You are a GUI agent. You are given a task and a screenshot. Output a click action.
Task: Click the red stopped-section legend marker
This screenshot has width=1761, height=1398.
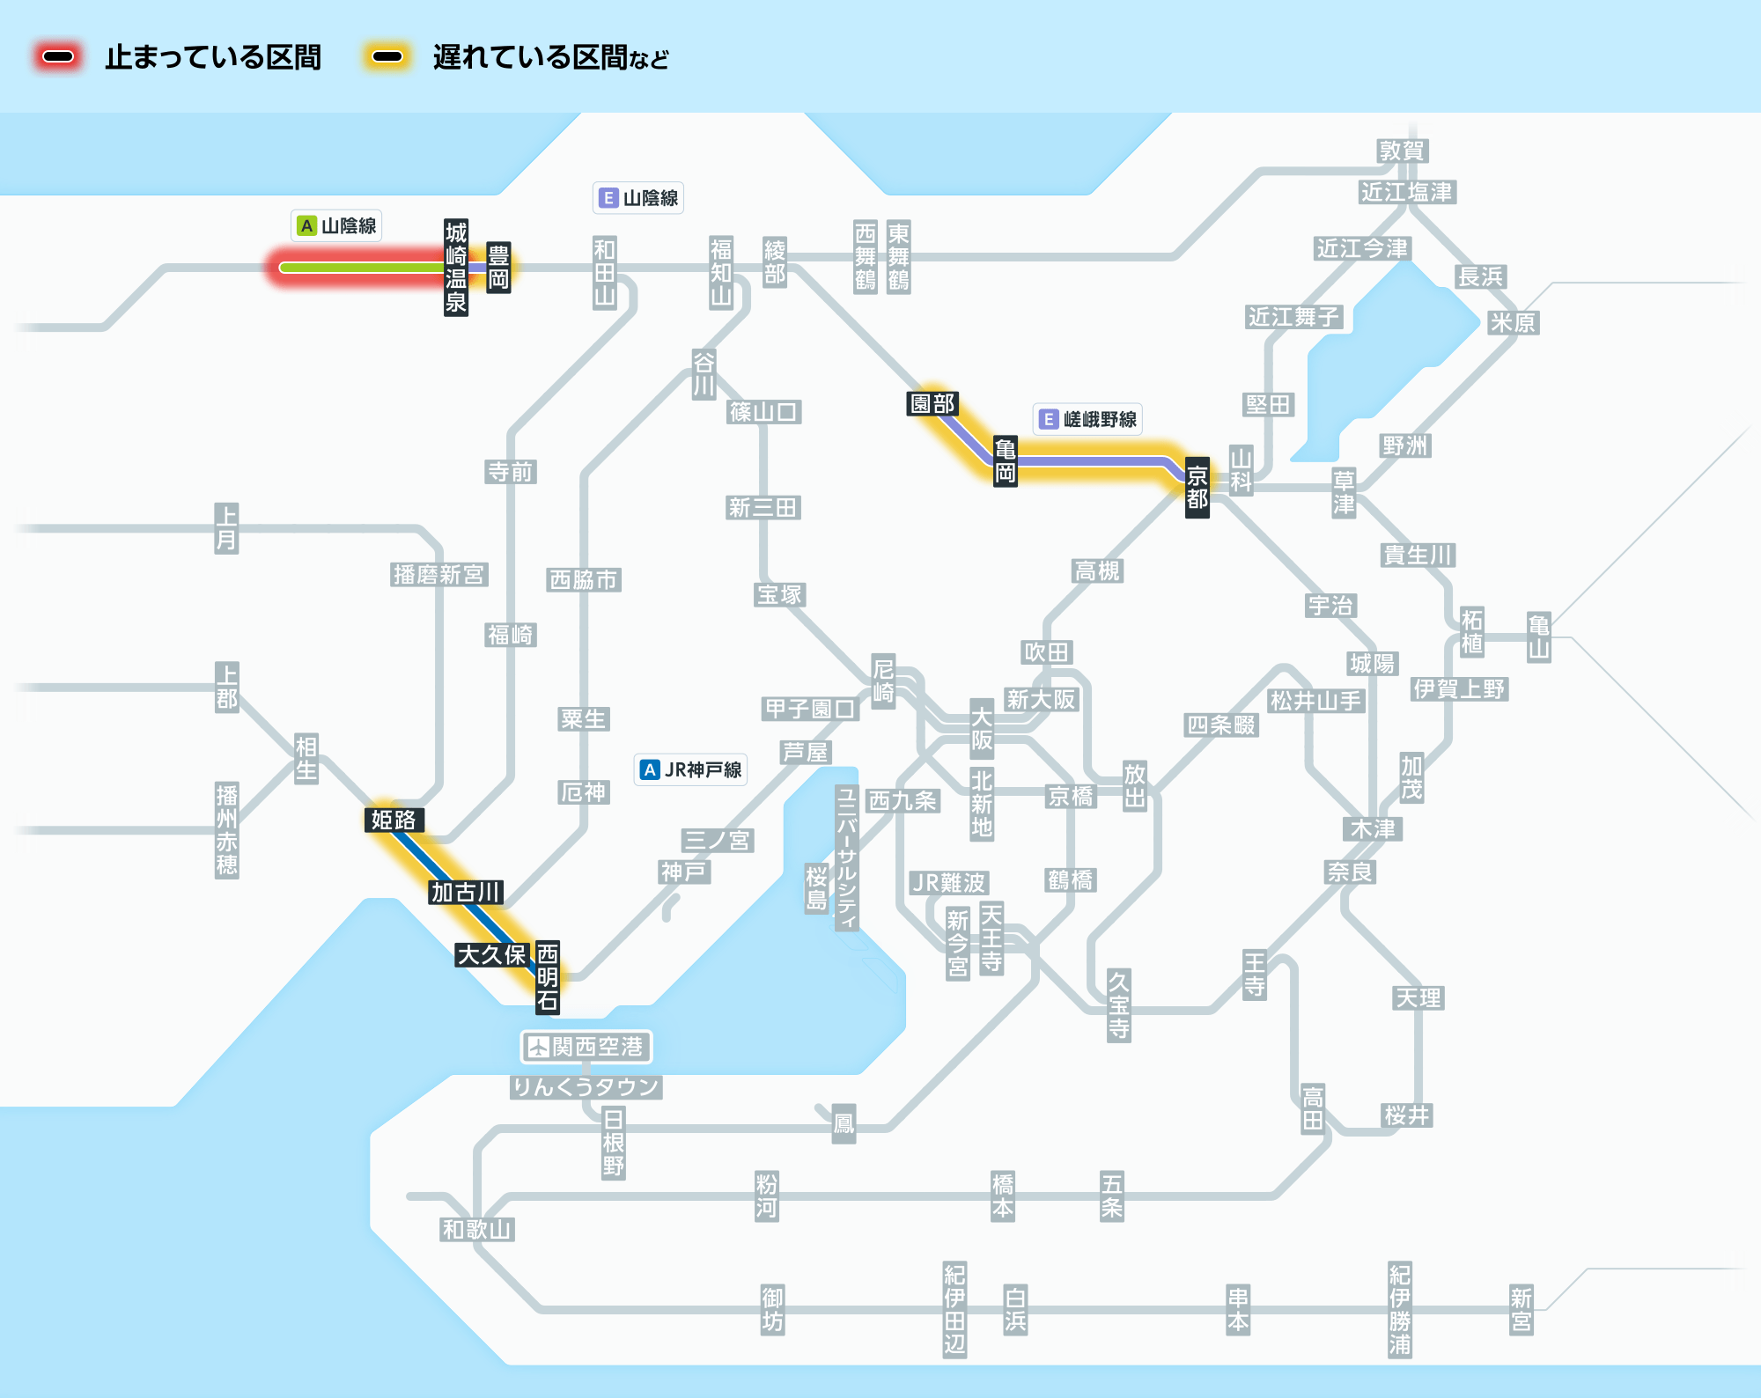pyautogui.click(x=58, y=57)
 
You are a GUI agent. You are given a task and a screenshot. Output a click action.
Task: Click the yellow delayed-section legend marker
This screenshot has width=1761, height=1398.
pyautogui.click(x=387, y=57)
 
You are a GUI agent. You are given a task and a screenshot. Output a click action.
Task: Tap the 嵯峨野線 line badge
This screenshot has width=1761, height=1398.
pyautogui.click(x=1088, y=419)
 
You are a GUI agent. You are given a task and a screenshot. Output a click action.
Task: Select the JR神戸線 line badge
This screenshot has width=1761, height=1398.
pyautogui.click(x=691, y=769)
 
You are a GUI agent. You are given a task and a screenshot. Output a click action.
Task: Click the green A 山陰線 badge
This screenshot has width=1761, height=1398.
pyautogui.click(x=336, y=225)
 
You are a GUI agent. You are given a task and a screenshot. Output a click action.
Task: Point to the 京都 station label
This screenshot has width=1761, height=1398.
pyautogui.click(x=1197, y=488)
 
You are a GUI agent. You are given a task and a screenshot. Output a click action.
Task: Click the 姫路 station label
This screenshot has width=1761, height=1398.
pyautogui.click(x=394, y=820)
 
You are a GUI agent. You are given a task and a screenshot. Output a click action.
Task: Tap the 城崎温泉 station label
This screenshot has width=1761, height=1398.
pyautogui.click(x=455, y=268)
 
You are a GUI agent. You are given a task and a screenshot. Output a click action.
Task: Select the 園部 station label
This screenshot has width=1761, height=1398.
pyautogui.click(x=932, y=403)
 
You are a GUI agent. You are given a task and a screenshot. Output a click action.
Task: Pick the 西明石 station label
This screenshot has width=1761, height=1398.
pyautogui.click(x=548, y=976)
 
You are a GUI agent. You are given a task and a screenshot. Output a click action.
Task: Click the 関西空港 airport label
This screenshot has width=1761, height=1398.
pyautogui.click(x=586, y=1047)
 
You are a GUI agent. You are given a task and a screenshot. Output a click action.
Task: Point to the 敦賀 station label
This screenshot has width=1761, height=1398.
pyautogui.click(x=1402, y=151)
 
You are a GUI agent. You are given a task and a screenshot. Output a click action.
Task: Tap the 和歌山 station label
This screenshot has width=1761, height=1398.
pyautogui.click(x=476, y=1229)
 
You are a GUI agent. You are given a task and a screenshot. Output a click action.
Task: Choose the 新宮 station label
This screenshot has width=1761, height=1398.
pyautogui.click(x=1521, y=1309)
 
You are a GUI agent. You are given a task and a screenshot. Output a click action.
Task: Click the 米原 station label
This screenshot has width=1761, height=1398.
pyautogui.click(x=1513, y=322)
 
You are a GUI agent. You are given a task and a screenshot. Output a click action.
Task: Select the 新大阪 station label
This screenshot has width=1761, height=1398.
pyautogui.click(x=1041, y=699)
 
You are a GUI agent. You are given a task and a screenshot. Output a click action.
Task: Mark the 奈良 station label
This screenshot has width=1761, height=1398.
pyautogui.click(x=1350, y=872)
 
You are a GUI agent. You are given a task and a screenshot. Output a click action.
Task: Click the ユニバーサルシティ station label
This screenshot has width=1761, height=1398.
pyautogui.click(x=846, y=857)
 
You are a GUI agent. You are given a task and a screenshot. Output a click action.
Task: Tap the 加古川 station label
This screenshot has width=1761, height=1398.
pyautogui.click(x=466, y=892)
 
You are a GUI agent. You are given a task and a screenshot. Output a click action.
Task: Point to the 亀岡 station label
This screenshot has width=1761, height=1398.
pyautogui.click(x=1005, y=460)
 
